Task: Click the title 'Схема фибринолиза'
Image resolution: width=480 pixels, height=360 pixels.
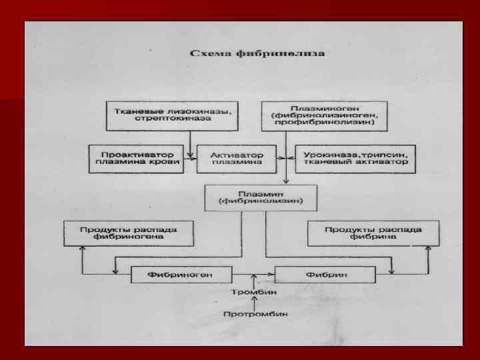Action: point(257,53)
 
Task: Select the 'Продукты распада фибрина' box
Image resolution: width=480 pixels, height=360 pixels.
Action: point(373,233)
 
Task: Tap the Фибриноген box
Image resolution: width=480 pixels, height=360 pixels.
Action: point(181,273)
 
